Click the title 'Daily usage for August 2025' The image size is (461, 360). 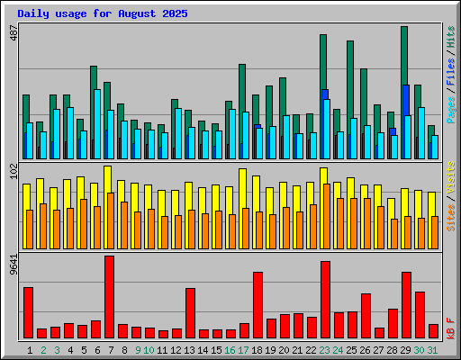pyautogui.click(x=100, y=13)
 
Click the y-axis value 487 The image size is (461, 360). pyautogui.click(x=12, y=35)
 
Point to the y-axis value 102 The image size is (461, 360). pyautogui.click(x=12, y=173)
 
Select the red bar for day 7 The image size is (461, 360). pyautogui.click(x=109, y=297)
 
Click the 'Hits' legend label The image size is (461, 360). pyautogui.click(x=450, y=37)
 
